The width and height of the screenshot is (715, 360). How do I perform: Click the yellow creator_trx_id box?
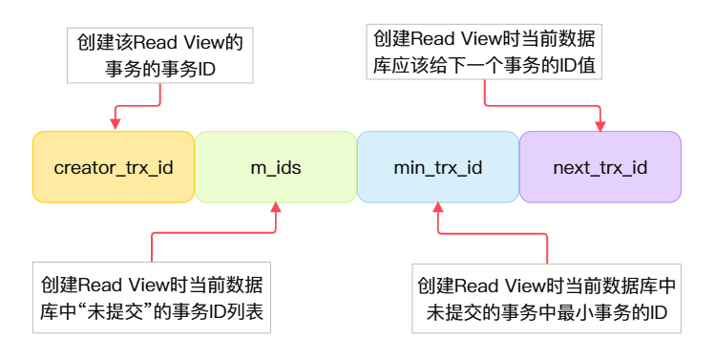pos(114,167)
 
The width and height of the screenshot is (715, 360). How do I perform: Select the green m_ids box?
pos(275,167)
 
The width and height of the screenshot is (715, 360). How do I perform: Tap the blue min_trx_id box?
pos(437,167)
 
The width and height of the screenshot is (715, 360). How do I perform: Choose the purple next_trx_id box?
pos(599,167)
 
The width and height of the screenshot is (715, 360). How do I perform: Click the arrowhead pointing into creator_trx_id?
pos(116,123)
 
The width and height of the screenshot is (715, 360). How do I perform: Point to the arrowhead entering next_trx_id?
pos(601,124)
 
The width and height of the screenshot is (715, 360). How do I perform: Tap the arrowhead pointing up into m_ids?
pos(276,209)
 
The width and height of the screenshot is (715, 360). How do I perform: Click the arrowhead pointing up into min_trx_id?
pos(439,209)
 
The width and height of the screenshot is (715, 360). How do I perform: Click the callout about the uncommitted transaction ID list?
pos(153,298)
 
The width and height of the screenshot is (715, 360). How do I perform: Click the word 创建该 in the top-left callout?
pos(100,42)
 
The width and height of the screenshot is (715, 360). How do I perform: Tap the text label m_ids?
pos(275,168)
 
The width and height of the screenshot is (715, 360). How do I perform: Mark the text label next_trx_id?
pos(599,168)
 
